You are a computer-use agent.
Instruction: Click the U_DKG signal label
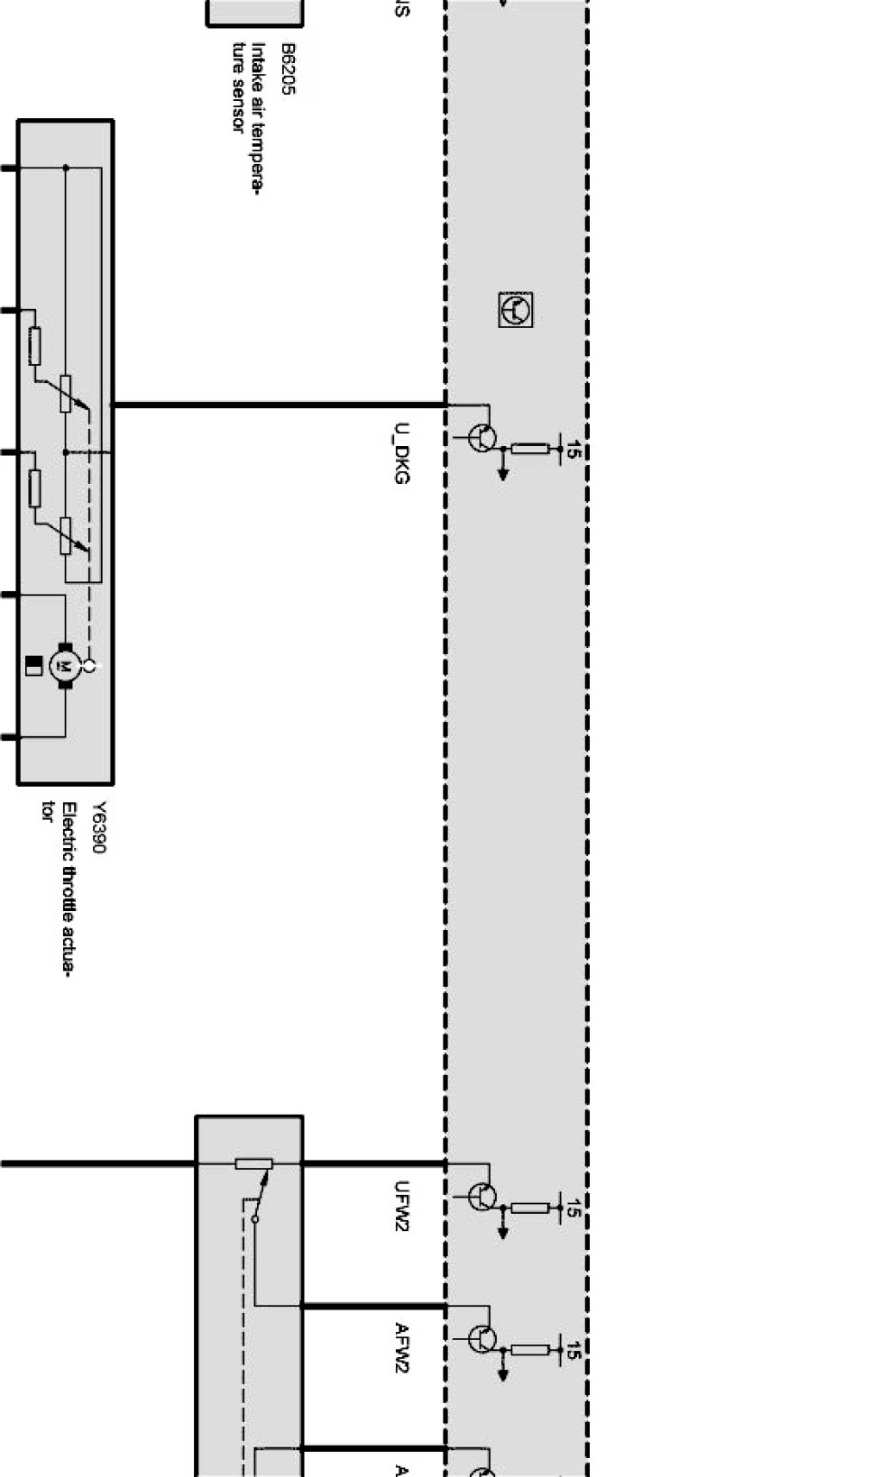pyautogui.click(x=401, y=453)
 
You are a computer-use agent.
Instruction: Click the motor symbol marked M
pyautogui.click(x=65, y=666)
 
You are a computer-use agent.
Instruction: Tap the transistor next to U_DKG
pyautogui.click(x=482, y=439)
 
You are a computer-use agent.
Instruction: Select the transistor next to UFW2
pyautogui.click(x=482, y=1197)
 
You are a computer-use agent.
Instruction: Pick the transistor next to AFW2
pyautogui.click(x=482, y=1339)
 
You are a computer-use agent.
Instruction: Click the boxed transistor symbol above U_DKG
pyautogui.click(x=516, y=309)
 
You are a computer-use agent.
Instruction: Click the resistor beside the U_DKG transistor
pyautogui.click(x=530, y=449)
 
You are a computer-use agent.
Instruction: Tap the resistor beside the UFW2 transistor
pyautogui.click(x=530, y=1208)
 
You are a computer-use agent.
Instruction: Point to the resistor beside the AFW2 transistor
pyautogui.click(x=530, y=1350)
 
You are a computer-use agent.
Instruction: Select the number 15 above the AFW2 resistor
pyautogui.click(x=572, y=1350)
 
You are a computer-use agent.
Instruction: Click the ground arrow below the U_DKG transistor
pyautogui.click(x=503, y=472)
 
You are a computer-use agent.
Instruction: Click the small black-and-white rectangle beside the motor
pyautogui.click(x=33, y=666)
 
